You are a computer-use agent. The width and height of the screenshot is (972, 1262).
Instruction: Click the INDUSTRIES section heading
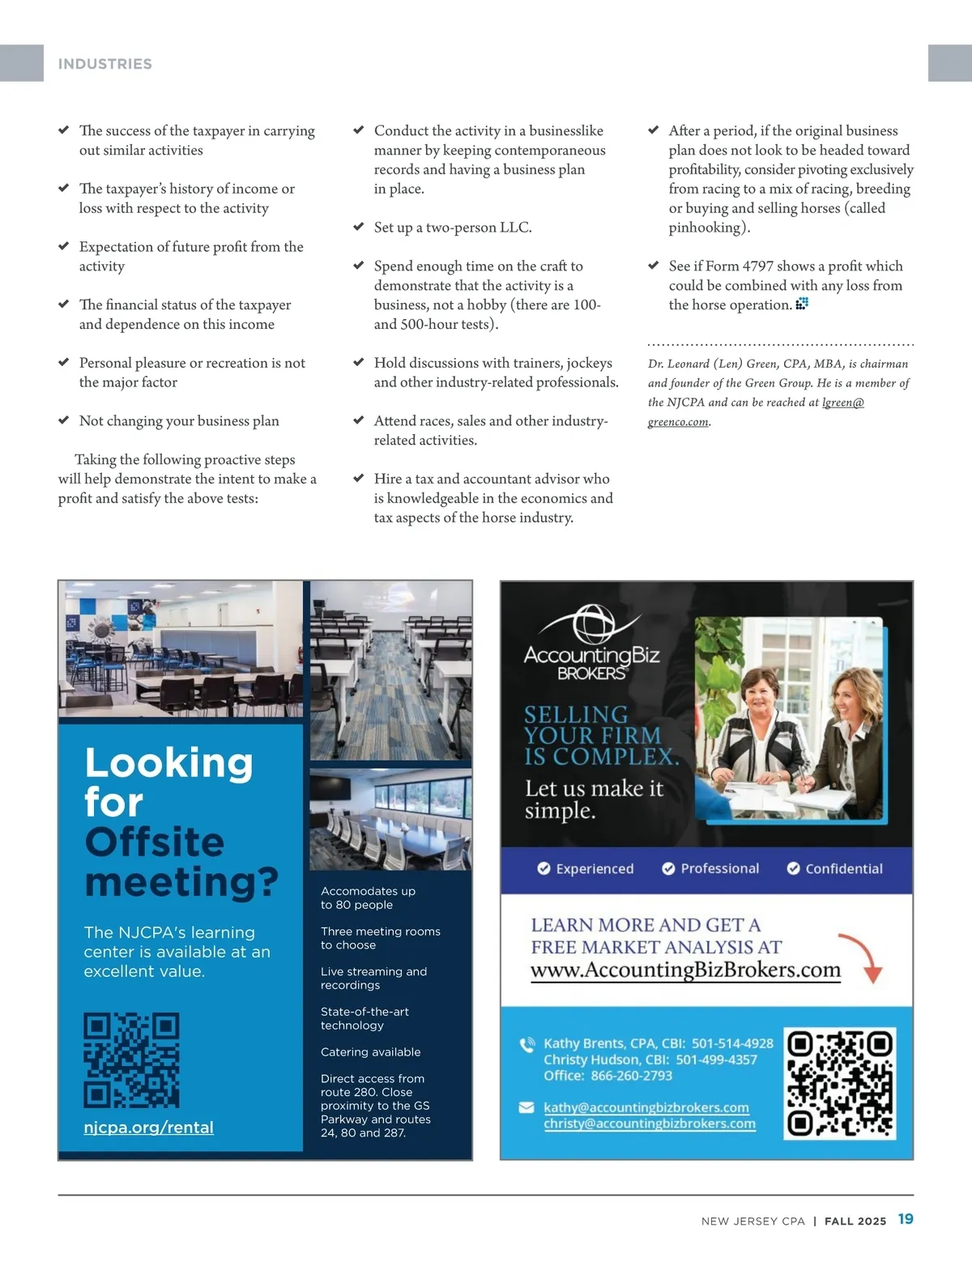click(104, 64)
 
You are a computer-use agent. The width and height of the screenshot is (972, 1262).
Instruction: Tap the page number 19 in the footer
click(906, 1219)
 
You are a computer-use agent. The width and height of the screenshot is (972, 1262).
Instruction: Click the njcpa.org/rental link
click(148, 1127)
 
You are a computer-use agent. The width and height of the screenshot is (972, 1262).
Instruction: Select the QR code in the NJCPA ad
click(131, 1059)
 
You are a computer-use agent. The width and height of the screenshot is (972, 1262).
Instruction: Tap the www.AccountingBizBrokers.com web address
click(685, 970)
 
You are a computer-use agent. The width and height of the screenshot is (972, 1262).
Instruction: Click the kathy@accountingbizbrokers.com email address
click(646, 1107)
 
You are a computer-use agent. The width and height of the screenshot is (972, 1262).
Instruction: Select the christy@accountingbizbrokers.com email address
click(649, 1123)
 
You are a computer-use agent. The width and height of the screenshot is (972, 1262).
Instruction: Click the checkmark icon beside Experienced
click(544, 868)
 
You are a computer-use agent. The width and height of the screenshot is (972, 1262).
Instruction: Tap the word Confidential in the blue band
click(843, 868)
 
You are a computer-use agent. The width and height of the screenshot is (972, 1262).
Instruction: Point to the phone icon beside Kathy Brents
click(527, 1044)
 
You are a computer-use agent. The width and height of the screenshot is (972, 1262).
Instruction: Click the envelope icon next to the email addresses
click(526, 1107)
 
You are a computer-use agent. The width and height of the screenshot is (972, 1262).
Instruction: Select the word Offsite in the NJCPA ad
click(154, 842)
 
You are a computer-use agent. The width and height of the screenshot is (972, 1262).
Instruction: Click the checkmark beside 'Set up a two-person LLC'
click(359, 227)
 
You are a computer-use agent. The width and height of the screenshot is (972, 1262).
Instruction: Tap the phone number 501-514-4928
click(732, 1043)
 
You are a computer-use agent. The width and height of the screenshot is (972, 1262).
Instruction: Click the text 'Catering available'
click(370, 1051)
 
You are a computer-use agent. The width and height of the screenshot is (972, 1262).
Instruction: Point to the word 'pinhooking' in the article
click(705, 228)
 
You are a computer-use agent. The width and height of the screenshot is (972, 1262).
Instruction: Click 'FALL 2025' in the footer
click(855, 1221)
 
